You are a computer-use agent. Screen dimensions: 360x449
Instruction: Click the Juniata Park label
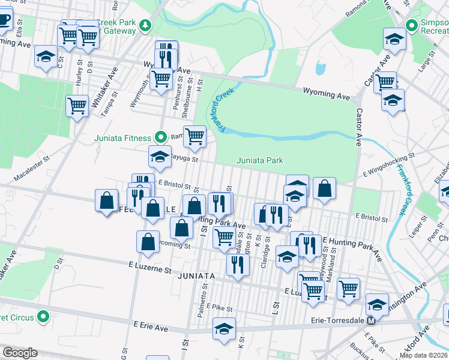(259, 160)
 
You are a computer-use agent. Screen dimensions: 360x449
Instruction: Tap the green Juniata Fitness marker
(161, 137)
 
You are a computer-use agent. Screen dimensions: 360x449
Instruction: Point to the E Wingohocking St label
(389, 165)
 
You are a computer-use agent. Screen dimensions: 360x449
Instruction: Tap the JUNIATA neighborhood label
(196, 275)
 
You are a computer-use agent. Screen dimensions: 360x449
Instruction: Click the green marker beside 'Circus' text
(43, 316)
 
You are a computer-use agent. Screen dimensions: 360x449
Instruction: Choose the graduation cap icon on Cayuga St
(160, 157)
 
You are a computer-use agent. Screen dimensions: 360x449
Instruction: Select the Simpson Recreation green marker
(411, 26)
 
